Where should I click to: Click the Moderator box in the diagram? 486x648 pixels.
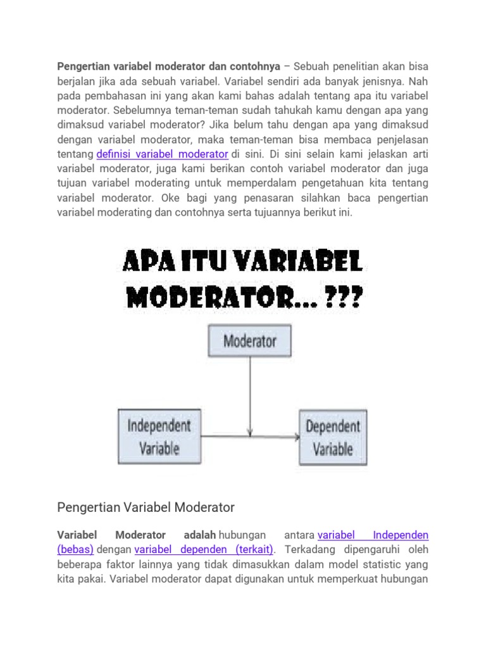(x=250, y=342)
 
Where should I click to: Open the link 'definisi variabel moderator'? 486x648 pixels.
(x=162, y=154)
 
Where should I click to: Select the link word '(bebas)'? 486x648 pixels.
(x=75, y=548)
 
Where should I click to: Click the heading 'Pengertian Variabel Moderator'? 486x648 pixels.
(x=146, y=507)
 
